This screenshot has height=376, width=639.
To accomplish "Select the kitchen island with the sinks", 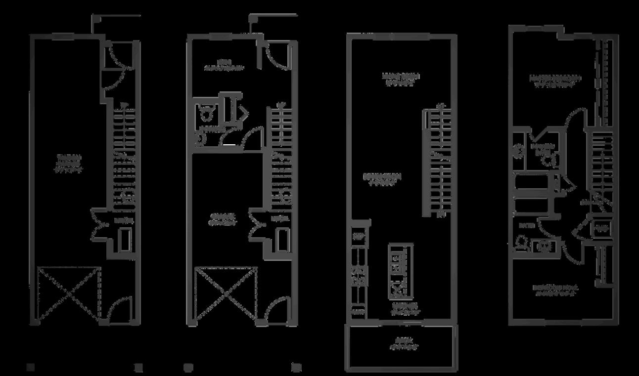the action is click(400, 271).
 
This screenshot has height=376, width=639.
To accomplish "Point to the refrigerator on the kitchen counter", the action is click(358, 236).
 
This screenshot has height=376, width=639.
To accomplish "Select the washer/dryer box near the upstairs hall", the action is click(601, 229).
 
